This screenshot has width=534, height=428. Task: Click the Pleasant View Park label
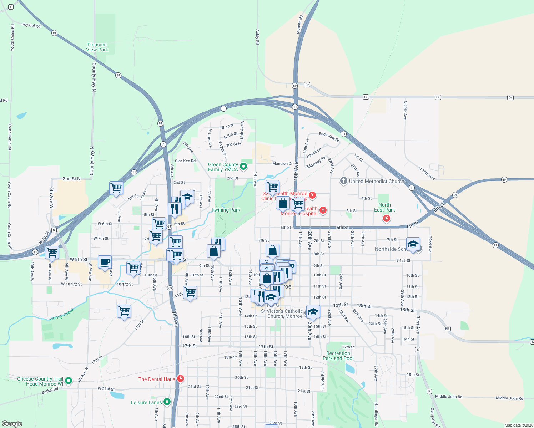tap(97, 47)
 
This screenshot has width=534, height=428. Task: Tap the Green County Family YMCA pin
tap(243, 166)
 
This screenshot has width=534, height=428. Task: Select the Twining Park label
tap(226, 210)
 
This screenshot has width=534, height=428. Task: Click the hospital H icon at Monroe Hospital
tap(323, 210)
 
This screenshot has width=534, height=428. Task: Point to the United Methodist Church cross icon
tap(343, 181)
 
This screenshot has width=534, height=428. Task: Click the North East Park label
tap(384, 207)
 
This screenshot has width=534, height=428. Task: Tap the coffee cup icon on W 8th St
tap(105, 262)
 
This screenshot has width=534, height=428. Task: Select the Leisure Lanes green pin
tap(167, 402)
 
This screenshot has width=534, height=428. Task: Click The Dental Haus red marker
tap(181, 378)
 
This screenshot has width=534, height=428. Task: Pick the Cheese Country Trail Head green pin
tap(69, 381)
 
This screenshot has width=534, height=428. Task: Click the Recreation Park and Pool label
tap(338, 356)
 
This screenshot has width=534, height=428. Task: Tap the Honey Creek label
tap(62, 314)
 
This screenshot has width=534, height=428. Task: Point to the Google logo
tap(12, 424)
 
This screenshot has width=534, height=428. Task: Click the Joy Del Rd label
tap(31, 25)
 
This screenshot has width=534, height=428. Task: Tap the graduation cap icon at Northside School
tap(413, 244)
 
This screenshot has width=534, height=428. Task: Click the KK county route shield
tap(447, 328)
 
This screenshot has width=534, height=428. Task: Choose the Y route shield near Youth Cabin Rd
tap(11, 7)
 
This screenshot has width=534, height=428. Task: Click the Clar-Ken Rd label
tap(185, 161)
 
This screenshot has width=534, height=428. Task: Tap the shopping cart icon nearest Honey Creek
tap(124, 311)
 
